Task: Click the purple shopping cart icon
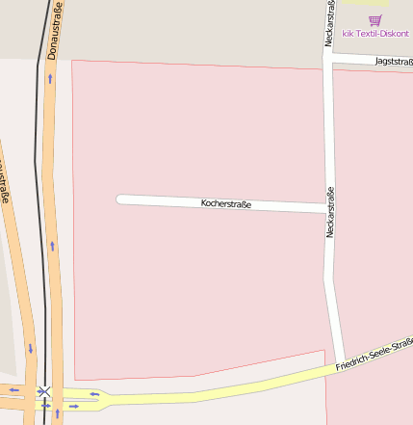375,20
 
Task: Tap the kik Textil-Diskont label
375,33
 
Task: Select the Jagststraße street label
394,62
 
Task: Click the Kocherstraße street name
226,204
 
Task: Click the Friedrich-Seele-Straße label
374,356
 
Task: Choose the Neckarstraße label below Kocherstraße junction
330,212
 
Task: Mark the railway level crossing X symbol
43,391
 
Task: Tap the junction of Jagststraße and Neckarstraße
328,59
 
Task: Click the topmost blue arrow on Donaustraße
50,77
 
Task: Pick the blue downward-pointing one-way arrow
31,348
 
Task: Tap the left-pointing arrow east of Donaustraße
94,393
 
